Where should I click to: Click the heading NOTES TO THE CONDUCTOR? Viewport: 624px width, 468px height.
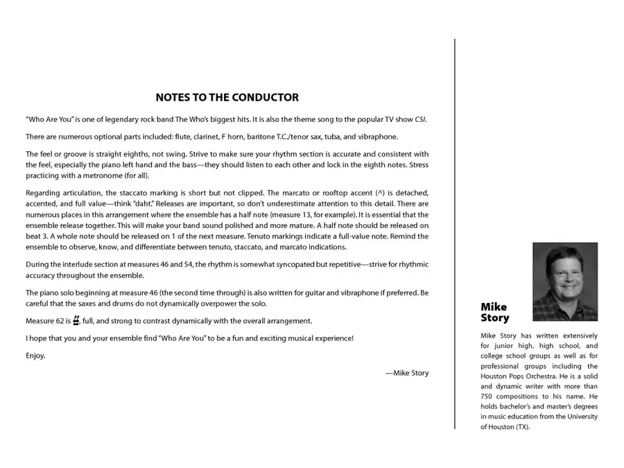point(227,98)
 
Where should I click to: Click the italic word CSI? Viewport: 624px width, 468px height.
point(420,119)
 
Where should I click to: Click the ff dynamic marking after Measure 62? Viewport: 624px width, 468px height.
point(76,320)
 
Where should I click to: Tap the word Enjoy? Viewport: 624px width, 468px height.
point(35,356)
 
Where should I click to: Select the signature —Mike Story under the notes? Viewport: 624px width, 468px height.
point(407,373)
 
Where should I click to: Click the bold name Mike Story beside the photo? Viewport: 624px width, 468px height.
point(494,313)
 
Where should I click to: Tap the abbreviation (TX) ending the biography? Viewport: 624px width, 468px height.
point(521,427)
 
